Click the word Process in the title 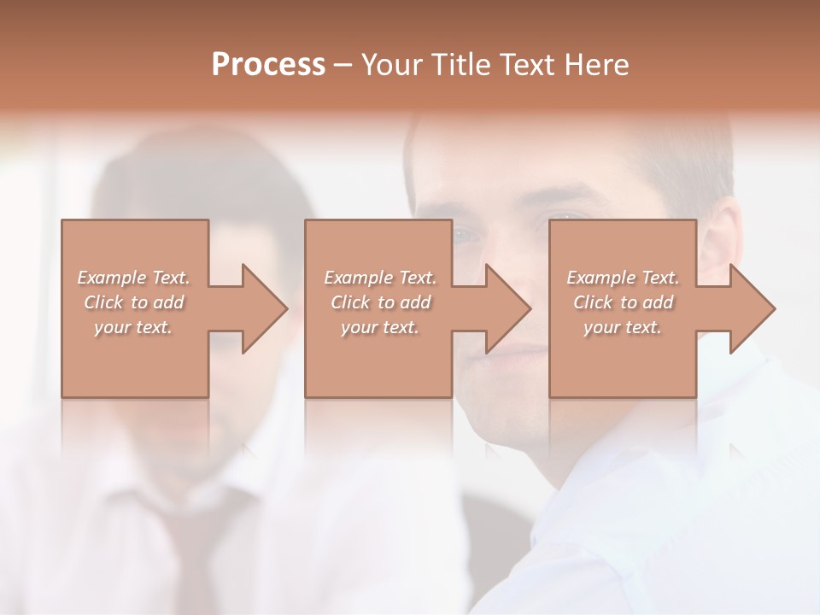(268, 64)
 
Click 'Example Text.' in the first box (133, 278)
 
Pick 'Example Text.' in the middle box (380, 278)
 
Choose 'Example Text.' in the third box (623, 278)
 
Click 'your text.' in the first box (133, 327)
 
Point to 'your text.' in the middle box (380, 327)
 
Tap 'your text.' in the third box (623, 327)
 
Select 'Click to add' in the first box (133, 302)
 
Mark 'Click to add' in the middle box (380, 302)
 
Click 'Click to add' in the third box (623, 302)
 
